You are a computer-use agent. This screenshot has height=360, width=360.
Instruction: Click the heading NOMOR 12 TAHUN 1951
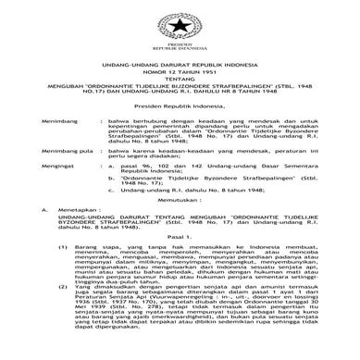click(180, 71)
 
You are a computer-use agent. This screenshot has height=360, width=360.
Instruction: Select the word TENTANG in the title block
click(180, 81)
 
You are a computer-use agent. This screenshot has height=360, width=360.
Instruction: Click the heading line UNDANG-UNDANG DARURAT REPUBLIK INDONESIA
click(180, 63)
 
